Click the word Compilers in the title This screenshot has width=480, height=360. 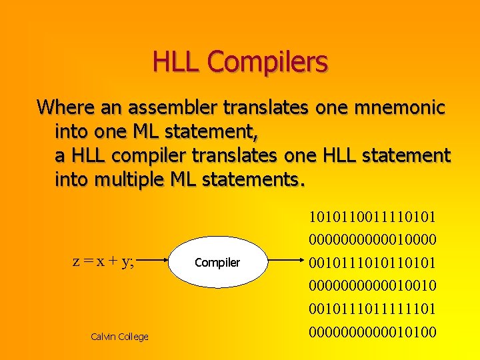(x=267, y=63)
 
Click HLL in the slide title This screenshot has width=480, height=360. (x=176, y=62)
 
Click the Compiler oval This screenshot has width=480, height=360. (x=217, y=263)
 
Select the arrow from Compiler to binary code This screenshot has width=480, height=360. (x=277, y=261)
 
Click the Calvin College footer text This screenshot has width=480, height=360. (x=119, y=337)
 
